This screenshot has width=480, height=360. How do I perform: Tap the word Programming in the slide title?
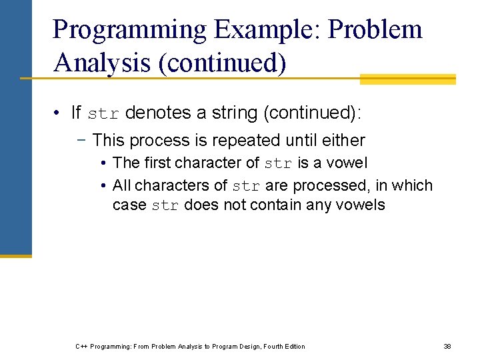[130, 30]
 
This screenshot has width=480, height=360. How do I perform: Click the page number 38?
[447, 346]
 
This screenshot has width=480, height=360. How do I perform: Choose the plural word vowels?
[361, 205]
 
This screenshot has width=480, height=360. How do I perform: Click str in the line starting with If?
[103, 114]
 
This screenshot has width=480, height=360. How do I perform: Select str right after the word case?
[165, 206]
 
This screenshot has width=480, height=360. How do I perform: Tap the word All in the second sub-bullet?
[122, 185]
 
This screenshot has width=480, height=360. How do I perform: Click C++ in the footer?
[81, 346]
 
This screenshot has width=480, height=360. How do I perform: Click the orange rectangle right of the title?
[407, 79]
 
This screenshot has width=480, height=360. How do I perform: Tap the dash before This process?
[84, 141]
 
